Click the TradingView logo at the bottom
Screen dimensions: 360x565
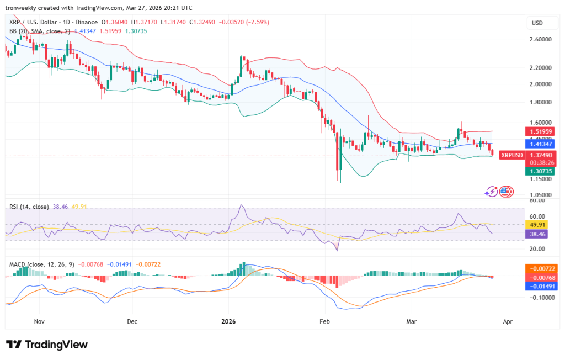click(x=47, y=344)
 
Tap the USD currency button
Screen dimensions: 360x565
click(x=537, y=23)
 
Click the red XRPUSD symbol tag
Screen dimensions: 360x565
click(x=511, y=155)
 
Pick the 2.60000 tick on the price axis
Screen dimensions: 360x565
click(x=540, y=40)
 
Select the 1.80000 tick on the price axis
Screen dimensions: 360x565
click(x=540, y=102)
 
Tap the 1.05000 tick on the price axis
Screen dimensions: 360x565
click(x=540, y=195)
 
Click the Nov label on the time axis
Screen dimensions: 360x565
click(x=39, y=320)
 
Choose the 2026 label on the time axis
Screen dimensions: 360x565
click(x=228, y=320)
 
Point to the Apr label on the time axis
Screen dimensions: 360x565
click(x=508, y=320)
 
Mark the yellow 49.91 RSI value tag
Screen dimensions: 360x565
click(x=537, y=225)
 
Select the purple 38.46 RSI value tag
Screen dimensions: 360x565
click(x=537, y=234)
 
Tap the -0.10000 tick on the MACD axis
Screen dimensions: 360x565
click(x=540, y=298)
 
